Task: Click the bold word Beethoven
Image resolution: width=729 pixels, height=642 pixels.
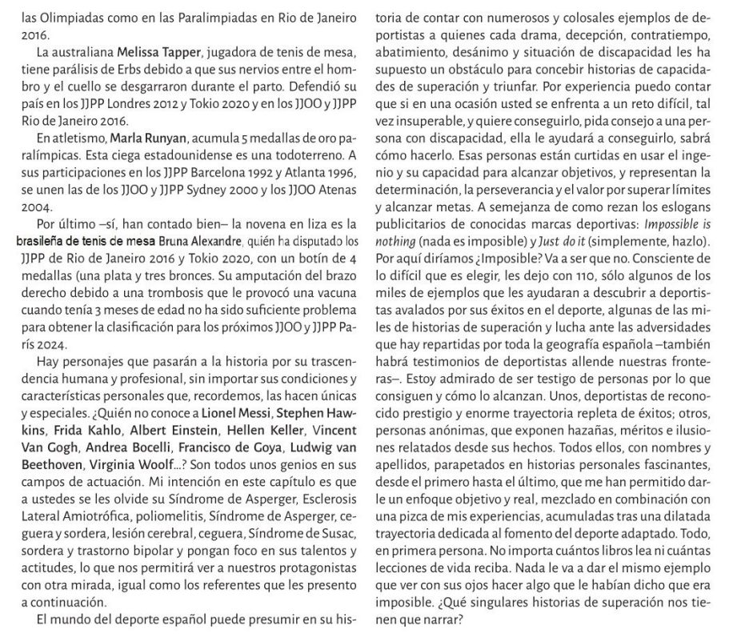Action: (49, 465)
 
